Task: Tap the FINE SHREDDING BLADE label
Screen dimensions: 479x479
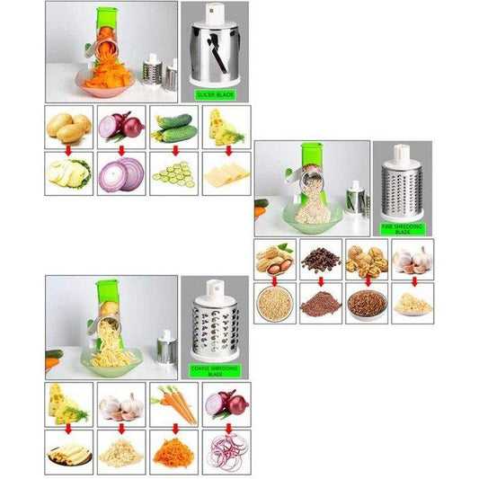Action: pyautogui.click(x=403, y=228)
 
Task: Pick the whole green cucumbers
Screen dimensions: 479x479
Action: pyautogui.click(x=174, y=128)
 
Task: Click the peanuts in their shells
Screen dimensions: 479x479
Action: pyautogui.click(x=275, y=259)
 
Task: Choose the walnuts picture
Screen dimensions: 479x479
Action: pyautogui.click(x=367, y=259)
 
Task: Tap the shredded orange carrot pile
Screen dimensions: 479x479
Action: pyautogui.click(x=174, y=450)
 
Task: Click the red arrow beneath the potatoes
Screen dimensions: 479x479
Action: pyautogui.click(x=68, y=150)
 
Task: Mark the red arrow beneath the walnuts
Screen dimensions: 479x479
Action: pyautogui.click(x=367, y=280)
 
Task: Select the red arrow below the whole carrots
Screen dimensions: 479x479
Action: pyautogui.click(x=174, y=427)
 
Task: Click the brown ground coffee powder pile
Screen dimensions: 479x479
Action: pyautogui.click(x=321, y=305)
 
